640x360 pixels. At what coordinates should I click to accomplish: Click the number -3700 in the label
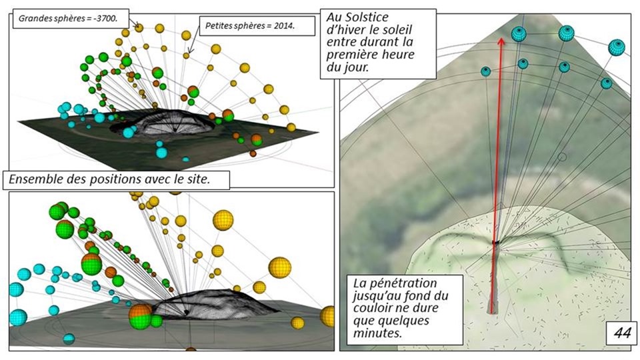[x=106, y=19]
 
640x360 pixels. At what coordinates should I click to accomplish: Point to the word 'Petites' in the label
[x=218, y=27]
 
